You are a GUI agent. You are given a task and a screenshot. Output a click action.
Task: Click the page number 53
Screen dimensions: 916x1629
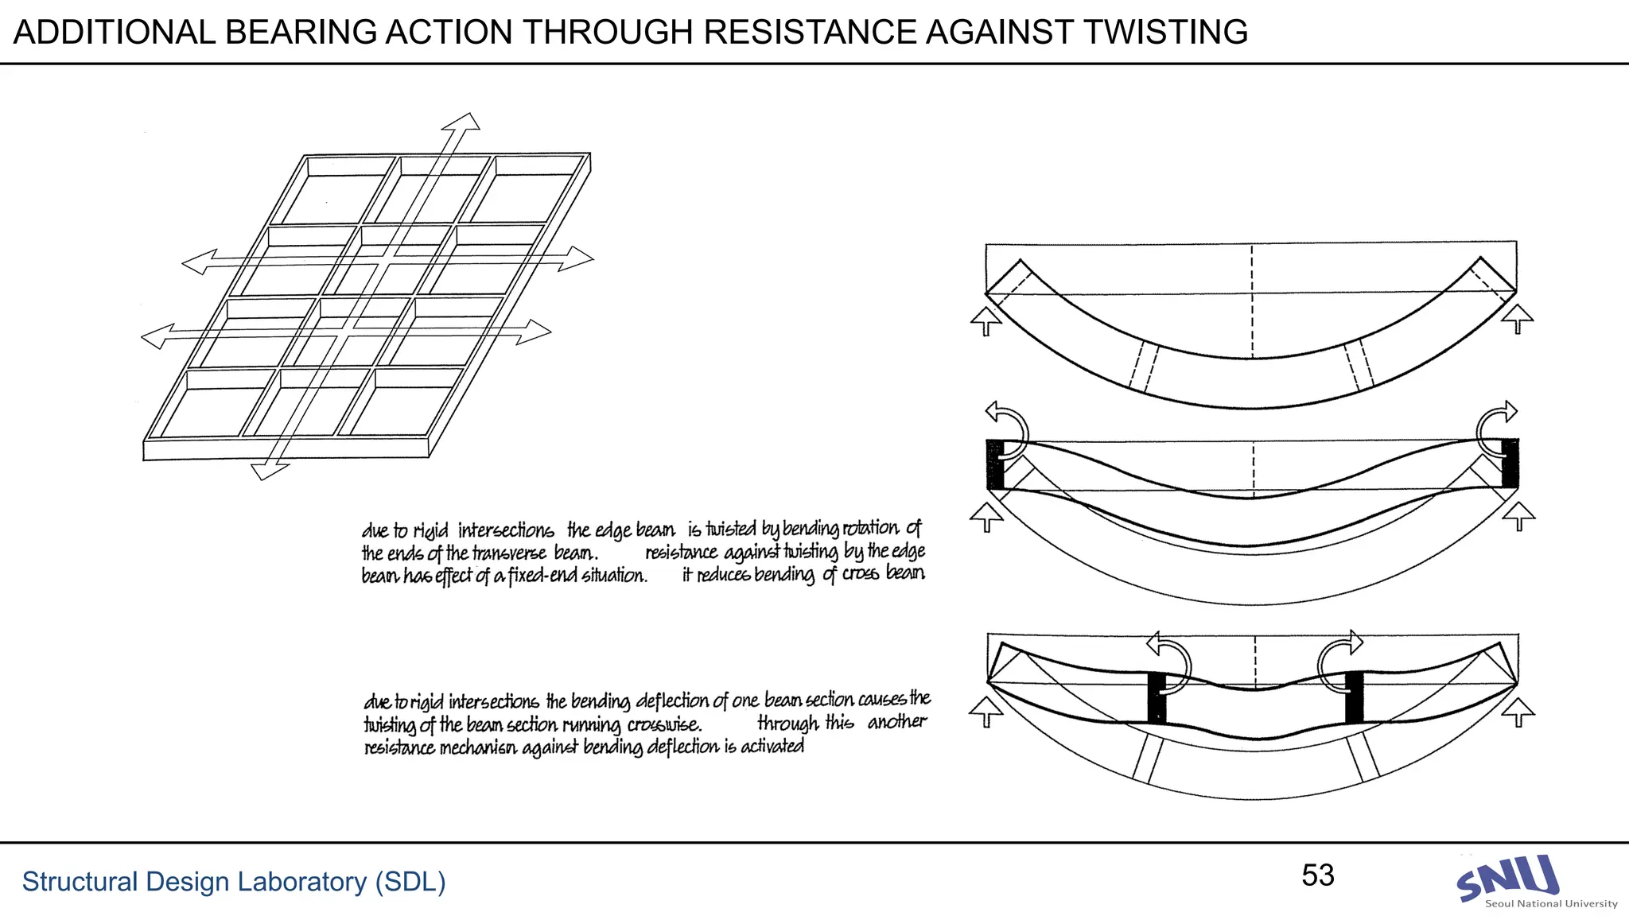click(1317, 875)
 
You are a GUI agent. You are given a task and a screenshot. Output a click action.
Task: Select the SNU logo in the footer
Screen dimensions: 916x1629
click(1508, 879)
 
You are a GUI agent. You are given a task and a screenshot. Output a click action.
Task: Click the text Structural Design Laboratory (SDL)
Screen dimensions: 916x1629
click(233, 882)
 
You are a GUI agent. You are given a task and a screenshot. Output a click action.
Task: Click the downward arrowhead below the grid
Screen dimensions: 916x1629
click(268, 471)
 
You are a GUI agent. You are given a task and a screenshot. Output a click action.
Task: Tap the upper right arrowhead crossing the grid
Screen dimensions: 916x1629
click(577, 258)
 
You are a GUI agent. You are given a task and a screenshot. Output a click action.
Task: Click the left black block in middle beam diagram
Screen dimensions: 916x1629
click(994, 464)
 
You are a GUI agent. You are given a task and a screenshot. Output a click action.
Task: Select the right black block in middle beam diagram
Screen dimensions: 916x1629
click(1510, 463)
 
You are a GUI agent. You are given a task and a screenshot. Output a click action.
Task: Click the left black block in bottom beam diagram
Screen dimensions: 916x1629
click(1157, 697)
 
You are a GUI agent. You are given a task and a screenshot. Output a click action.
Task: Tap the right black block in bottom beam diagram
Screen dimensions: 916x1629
click(1354, 697)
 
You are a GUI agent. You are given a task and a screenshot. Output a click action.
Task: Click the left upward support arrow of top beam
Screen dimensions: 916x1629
click(986, 321)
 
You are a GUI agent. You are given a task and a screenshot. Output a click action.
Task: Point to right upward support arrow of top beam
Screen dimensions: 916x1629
click(1518, 319)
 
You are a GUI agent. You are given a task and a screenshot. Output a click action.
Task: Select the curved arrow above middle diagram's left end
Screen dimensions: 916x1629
click(1007, 421)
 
